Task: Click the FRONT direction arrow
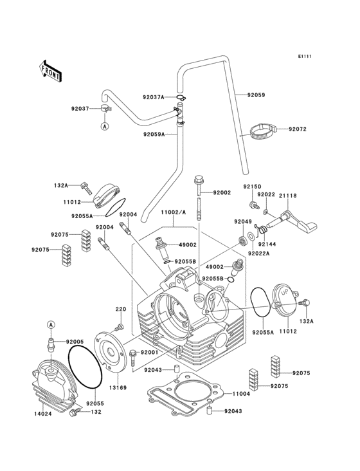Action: point(51,70)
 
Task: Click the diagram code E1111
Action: point(304,57)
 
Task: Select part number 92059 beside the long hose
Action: point(256,95)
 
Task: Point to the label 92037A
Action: point(153,97)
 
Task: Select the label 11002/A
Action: point(173,212)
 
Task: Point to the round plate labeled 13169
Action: point(113,351)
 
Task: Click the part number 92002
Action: point(221,192)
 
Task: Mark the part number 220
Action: point(120,309)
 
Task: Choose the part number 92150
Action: point(251,186)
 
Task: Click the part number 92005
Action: point(75,341)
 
